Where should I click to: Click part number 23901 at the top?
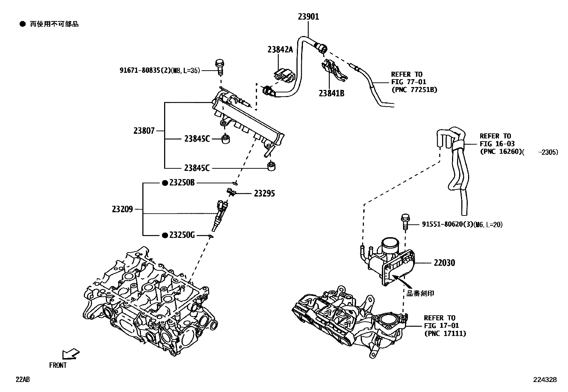(x=309, y=16)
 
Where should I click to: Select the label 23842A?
(x=280, y=50)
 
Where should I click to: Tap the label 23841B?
(x=331, y=93)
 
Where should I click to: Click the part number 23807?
(x=144, y=131)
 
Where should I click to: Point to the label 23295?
(x=264, y=194)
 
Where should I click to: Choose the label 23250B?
(x=182, y=183)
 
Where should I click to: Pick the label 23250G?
(x=182, y=235)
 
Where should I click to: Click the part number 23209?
(x=122, y=209)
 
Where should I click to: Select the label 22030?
(x=444, y=263)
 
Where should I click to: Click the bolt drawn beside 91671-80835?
(x=219, y=67)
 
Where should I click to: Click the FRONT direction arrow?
(x=70, y=354)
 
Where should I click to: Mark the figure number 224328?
(x=545, y=380)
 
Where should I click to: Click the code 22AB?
(x=22, y=380)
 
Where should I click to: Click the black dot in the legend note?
(x=23, y=24)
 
